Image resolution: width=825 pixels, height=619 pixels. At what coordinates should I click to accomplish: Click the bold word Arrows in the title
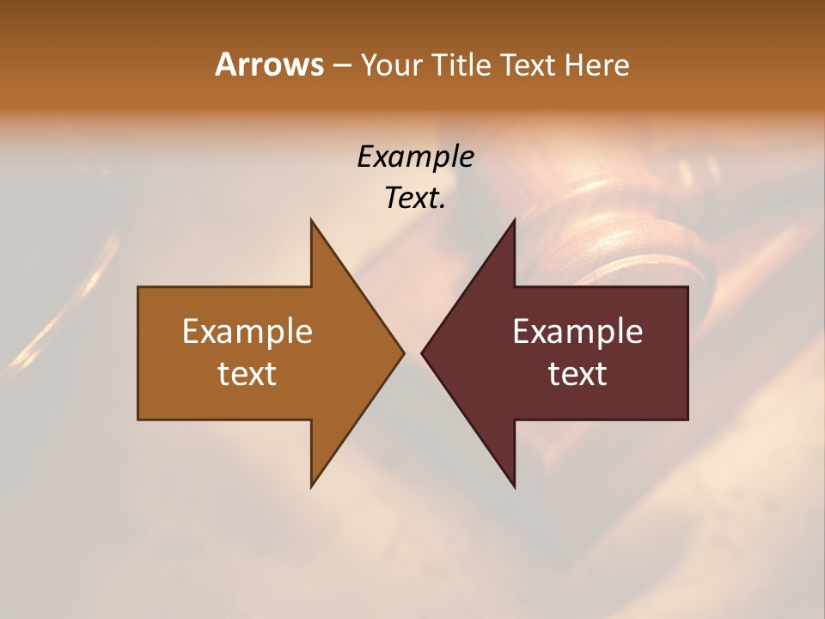point(268,64)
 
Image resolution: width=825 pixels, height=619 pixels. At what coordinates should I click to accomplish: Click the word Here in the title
point(597,65)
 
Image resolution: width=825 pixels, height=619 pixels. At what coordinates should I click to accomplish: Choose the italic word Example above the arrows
point(415,157)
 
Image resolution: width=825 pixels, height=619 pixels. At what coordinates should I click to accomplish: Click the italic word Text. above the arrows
point(415,198)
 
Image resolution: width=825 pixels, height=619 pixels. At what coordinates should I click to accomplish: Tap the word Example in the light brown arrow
point(247,332)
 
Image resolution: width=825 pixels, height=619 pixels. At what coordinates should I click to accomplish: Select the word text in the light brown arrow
point(247,374)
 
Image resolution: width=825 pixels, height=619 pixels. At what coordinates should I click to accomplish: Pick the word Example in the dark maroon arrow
point(577,332)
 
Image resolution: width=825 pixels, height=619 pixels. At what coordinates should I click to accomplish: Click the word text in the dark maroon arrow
point(577,374)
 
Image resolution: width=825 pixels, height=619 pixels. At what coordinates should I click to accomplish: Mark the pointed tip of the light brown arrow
point(403,352)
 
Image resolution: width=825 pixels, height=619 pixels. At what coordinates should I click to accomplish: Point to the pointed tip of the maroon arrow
point(422,352)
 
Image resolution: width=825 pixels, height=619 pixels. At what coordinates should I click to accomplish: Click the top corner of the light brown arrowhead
point(311,219)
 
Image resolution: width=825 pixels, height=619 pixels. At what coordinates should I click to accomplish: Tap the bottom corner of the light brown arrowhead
point(311,487)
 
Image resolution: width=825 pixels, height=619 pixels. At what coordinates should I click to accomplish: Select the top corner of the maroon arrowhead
point(515,219)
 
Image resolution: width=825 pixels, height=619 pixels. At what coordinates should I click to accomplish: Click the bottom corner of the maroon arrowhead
point(515,487)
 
